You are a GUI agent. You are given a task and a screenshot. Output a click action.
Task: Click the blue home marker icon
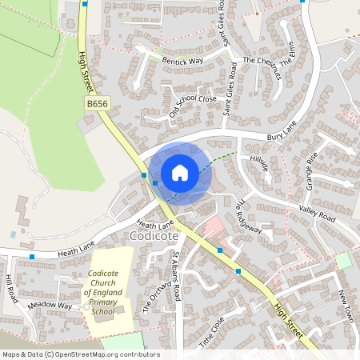coord(179,172)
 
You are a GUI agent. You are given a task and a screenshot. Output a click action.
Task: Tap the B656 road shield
coord(97,104)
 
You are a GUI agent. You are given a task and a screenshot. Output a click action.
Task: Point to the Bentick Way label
coord(182,61)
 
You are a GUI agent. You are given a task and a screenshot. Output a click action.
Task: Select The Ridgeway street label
coord(249,216)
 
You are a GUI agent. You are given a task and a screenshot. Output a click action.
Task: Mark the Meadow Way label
coord(50,306)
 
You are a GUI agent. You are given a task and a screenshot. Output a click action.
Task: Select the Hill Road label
coord(10,284)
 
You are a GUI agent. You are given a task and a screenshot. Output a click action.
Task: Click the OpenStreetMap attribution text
coord(80,354)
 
